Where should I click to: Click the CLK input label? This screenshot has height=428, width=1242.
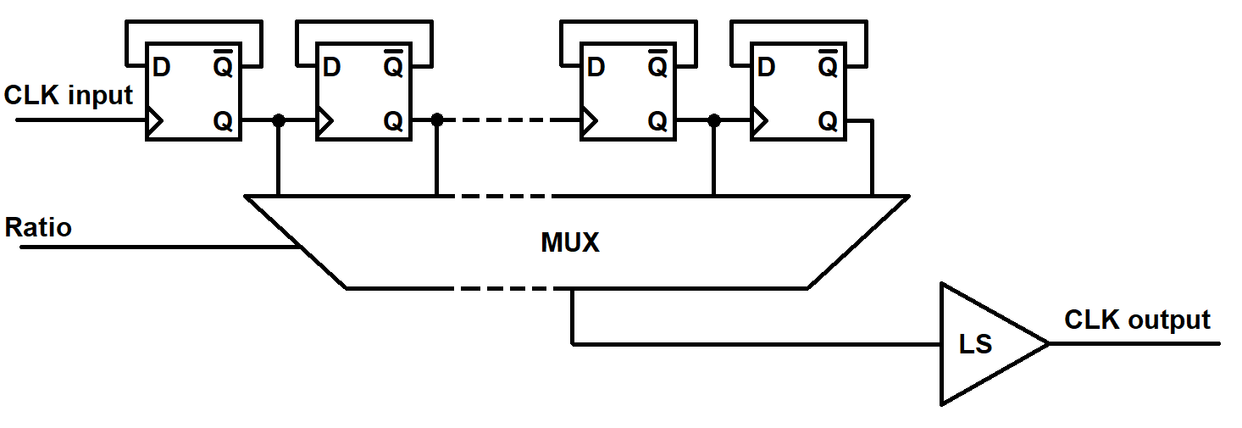tap(68, 96)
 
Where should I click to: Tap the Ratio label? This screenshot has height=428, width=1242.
tap(38, 227)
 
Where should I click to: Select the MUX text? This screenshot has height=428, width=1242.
tap(570, 242)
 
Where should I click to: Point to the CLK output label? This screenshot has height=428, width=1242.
tap(1137, 320)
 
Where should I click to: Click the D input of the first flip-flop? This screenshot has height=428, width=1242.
tap(161, 68)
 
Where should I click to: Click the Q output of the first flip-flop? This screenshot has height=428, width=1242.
tap(223, 121)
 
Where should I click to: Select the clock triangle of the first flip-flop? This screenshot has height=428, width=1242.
tap(155, 120)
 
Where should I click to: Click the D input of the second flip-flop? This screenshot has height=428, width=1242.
tap(331, 68)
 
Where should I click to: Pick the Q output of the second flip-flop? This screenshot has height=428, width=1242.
tap(393, 121)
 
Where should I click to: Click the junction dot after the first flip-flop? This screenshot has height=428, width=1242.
tap(279, 120)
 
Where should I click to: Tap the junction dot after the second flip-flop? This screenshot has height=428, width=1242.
tap(437, 120)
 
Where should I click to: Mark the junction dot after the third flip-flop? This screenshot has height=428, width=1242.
tap(714, 120)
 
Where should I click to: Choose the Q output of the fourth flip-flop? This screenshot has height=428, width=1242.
tap(828, 121)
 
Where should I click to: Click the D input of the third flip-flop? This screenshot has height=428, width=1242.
tap(596, 68)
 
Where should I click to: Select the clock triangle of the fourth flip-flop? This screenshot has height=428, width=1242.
tap(760, 120)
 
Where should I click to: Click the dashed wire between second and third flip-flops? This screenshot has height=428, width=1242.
tap(509, 120)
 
